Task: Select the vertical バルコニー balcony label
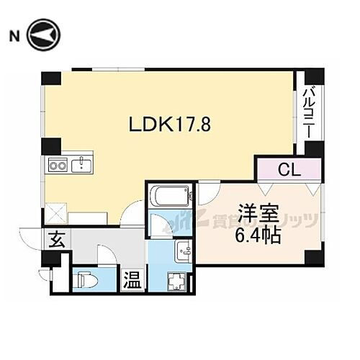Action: pyautogui.click(x=308, y=113)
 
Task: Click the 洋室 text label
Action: pyautogui.click(x=255, y=214)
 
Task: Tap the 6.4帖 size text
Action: pyautogui.click(x=255, y=235)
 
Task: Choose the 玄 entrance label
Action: pyautogui.click(x=55, y=240)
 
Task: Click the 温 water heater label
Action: pyautogui.click(x=132, y=279)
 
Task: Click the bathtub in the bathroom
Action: pyautogui.click(x=171, y=197)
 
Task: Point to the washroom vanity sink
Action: pyautogui.click(x=181, y=251)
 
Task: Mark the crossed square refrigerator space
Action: pyautogui.click(x=55, y=213)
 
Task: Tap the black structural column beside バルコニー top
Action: pyautogui.click(x=314, y=77)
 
